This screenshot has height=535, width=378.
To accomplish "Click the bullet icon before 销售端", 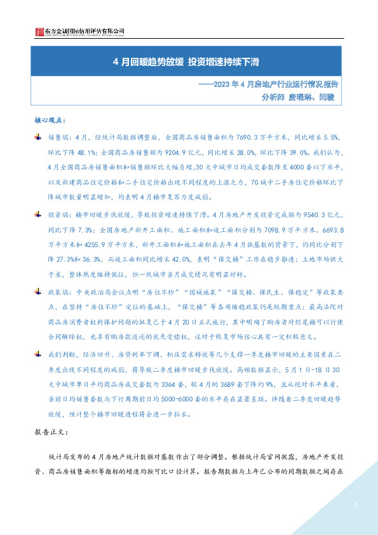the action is click(x=37, y=137).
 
